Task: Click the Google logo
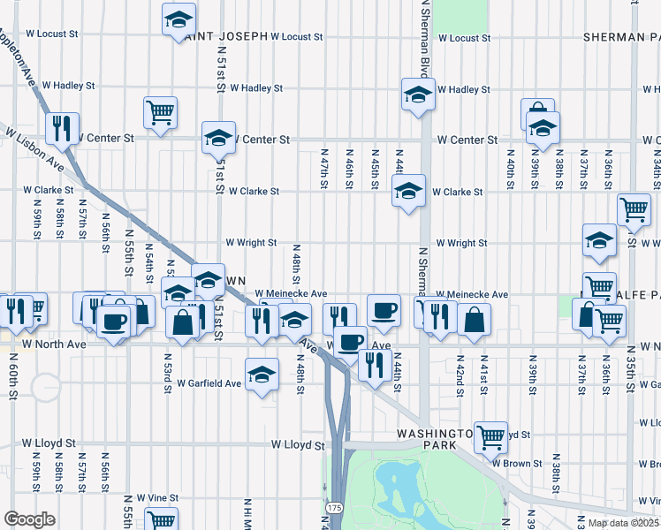coord(30,519)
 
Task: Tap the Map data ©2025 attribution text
coord(622,523)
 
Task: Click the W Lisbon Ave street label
coord(35,149)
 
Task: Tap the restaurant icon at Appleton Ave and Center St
coord(62,127)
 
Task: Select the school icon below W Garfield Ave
coord(262,375)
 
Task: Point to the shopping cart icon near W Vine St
coord(162,519)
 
